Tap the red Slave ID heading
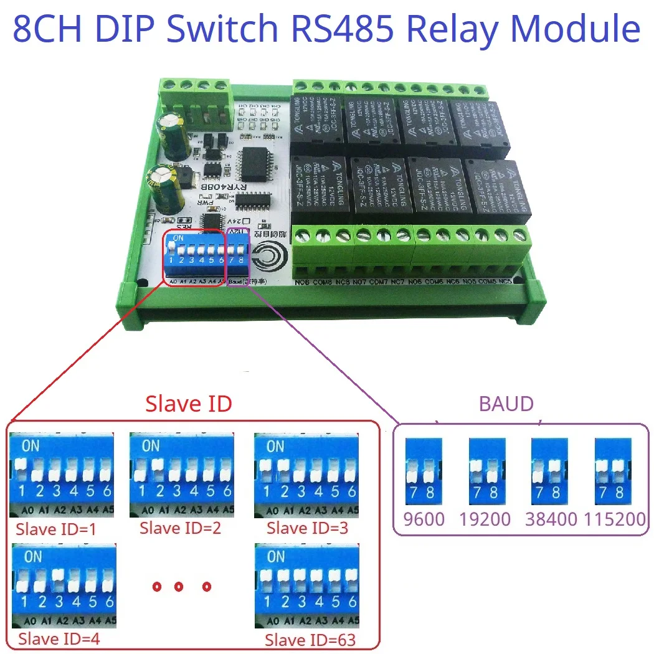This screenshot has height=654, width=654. coord(188,404)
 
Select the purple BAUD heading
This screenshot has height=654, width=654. coord(506,404)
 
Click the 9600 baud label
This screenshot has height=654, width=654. coord(424,519)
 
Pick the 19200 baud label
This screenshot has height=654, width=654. coord(485,519)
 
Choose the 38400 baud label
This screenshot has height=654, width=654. coord(551,519)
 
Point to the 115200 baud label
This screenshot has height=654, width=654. coord(614,519)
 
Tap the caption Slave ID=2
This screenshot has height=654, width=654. coord(180,528)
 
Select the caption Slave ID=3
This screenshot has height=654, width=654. coord(306,528)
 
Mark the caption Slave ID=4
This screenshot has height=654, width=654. coord(59,638)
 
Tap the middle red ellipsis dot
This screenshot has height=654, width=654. coord(179,586)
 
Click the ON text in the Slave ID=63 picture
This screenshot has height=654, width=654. coord(276,556)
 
